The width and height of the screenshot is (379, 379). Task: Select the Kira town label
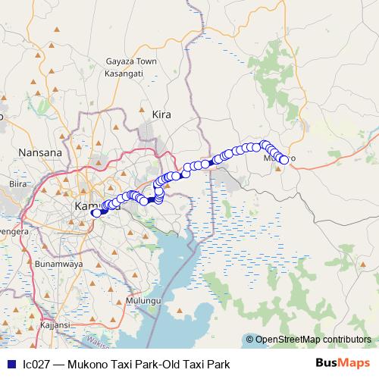161,114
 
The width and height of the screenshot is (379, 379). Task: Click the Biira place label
17,183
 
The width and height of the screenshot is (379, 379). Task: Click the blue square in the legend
10,364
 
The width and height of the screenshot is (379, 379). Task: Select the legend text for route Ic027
126,364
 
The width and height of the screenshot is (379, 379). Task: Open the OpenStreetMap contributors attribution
313,340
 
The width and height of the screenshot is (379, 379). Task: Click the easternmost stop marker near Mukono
284,160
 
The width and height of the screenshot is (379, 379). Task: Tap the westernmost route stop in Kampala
96,213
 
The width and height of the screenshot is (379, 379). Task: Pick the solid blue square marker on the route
151,200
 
